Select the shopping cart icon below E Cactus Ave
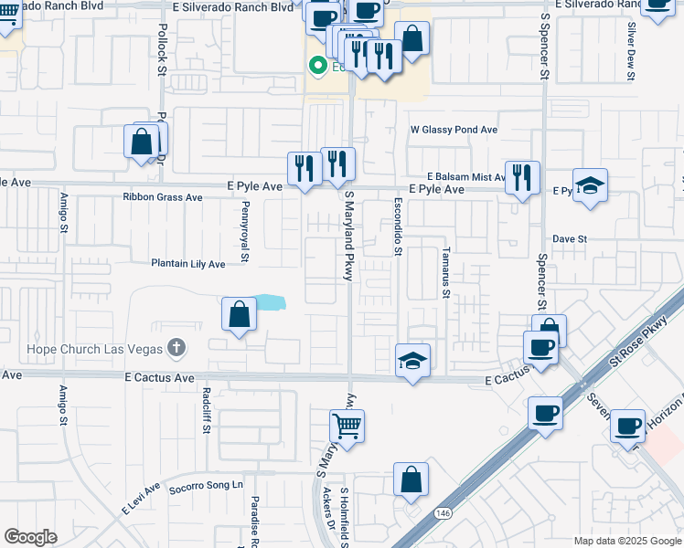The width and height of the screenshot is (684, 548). click(x=347, y=424)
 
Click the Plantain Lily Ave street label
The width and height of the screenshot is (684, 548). click(x=187, y=264)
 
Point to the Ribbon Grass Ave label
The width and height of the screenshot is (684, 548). click(x=163, y=197)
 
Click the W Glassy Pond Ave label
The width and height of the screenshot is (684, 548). click(x=454, y=131)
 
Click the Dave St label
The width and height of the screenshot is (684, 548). click(x=569, y=238)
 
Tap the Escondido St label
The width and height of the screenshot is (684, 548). click(x=398, y=227)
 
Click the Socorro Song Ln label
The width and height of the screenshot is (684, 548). click(x=208, y=484)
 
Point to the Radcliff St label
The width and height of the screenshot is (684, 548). click(x=207, y=406)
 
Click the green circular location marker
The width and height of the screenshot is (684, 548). click(x=318, y=66)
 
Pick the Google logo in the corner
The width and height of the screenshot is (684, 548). click(x=30, y=537)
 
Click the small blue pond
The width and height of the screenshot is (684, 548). click(x=269, y=301)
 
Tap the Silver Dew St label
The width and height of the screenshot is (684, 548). click(x=631, y=53)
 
